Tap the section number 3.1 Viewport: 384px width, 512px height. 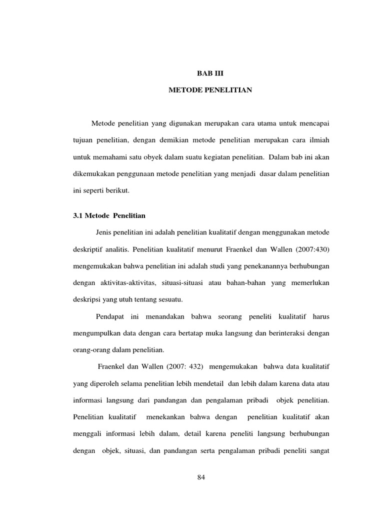tap(78, 215)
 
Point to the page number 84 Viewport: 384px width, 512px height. tap(201, 477)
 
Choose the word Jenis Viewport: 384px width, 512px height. tap(105, 232)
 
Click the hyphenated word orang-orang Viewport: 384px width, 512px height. tap(93, 350)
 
